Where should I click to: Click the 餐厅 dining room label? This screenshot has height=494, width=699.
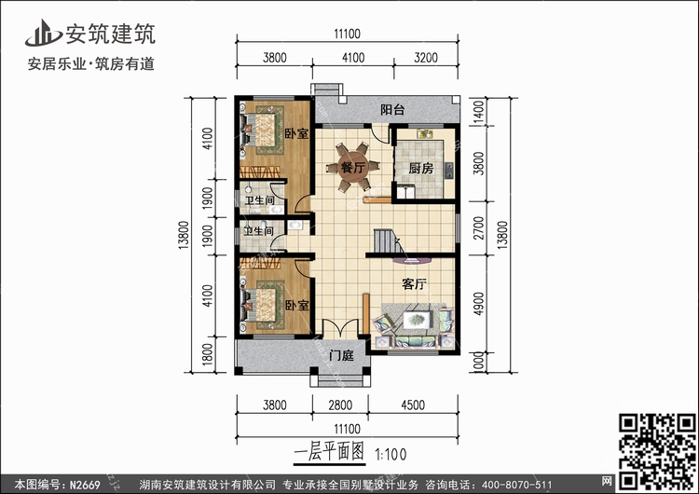coord(352,168)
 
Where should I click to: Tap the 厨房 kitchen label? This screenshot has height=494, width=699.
coord(421,168)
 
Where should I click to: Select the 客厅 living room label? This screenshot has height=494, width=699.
coord(414,283)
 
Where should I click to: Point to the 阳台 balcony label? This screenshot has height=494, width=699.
coord(392,109)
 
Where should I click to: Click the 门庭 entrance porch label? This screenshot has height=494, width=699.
coord(341,355)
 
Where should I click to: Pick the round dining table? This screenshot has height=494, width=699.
coord(352,167)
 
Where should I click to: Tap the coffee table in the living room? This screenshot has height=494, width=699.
coord(417,319)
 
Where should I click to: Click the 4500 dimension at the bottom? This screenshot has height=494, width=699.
coord(413,405)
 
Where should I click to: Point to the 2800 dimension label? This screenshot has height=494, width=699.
coord(340,405)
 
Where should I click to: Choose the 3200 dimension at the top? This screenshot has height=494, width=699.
coord(426,58)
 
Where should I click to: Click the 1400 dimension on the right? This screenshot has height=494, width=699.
coord(478,112)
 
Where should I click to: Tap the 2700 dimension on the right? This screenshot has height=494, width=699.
coord(478,227)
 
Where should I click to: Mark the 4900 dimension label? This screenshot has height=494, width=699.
coord(478,304)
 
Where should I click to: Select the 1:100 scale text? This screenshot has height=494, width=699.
coord(391,454)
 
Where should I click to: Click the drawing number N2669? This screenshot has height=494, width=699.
coord(85,484)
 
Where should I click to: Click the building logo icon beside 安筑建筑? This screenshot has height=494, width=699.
coord(43,34)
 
